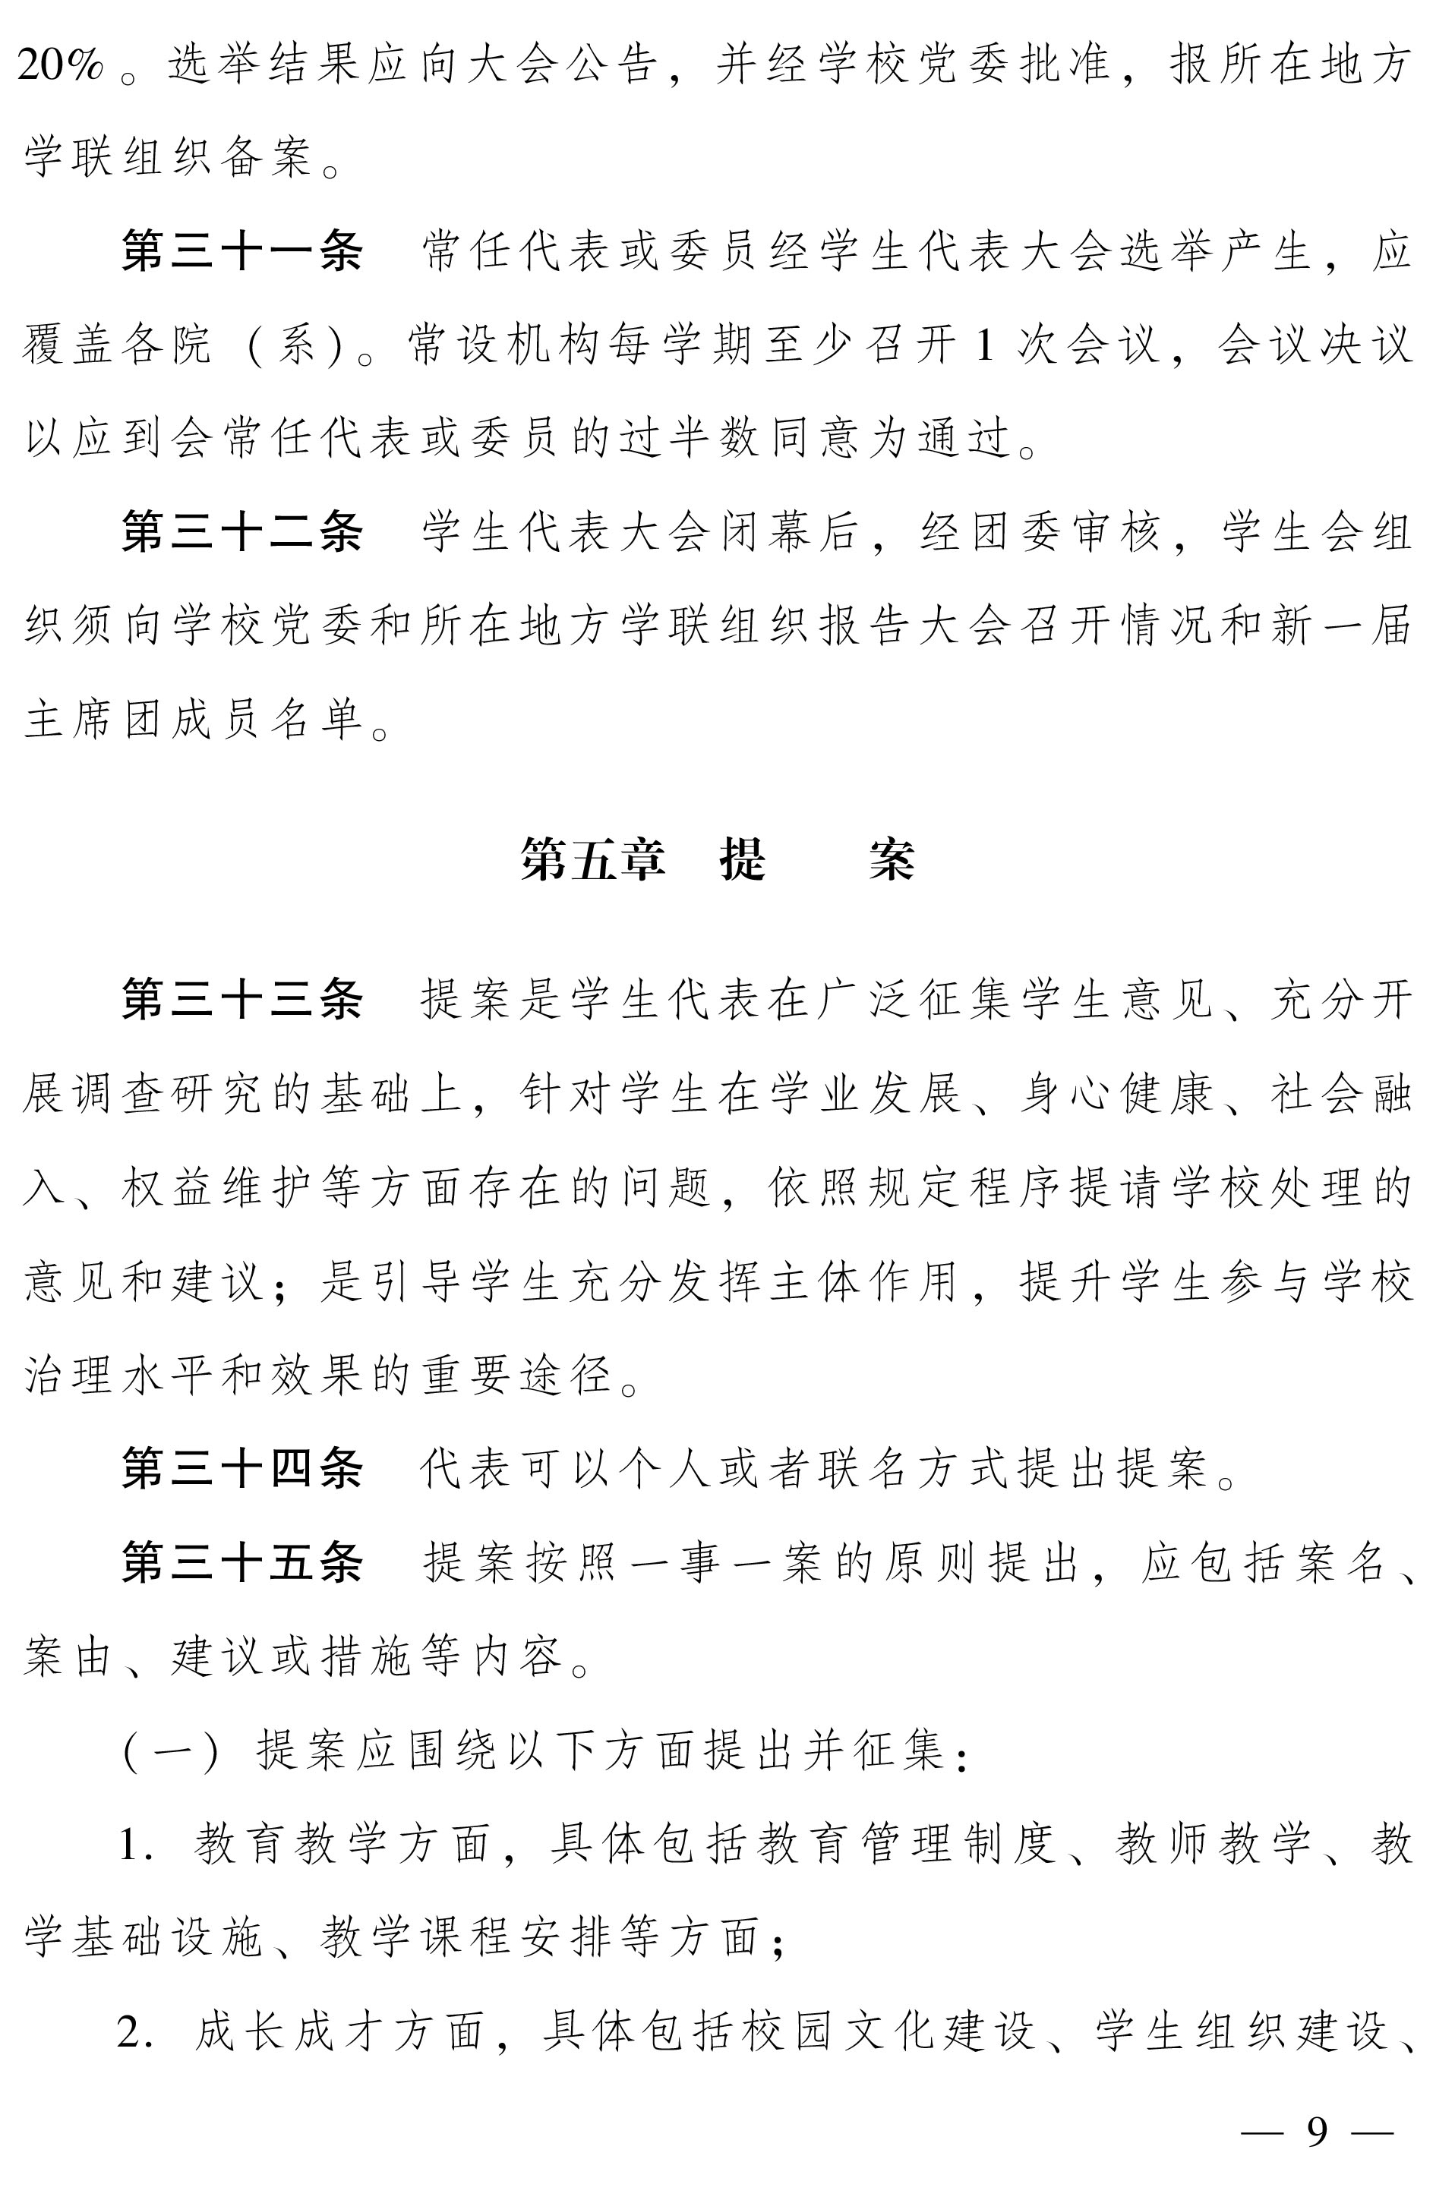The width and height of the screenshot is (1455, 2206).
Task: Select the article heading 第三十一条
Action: (242, 252)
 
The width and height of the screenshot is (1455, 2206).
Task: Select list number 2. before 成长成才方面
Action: (137, 2034)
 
